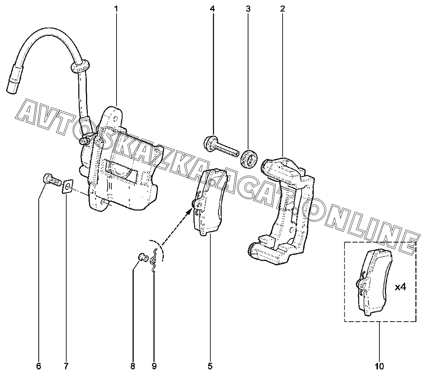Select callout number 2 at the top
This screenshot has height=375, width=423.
click(x=283, y=8)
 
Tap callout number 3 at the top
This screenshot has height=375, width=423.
click(x=248, y=8)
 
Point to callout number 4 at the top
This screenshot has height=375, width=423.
click(x=212, y=8)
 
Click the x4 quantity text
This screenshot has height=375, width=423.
click(x=400, y=287)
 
